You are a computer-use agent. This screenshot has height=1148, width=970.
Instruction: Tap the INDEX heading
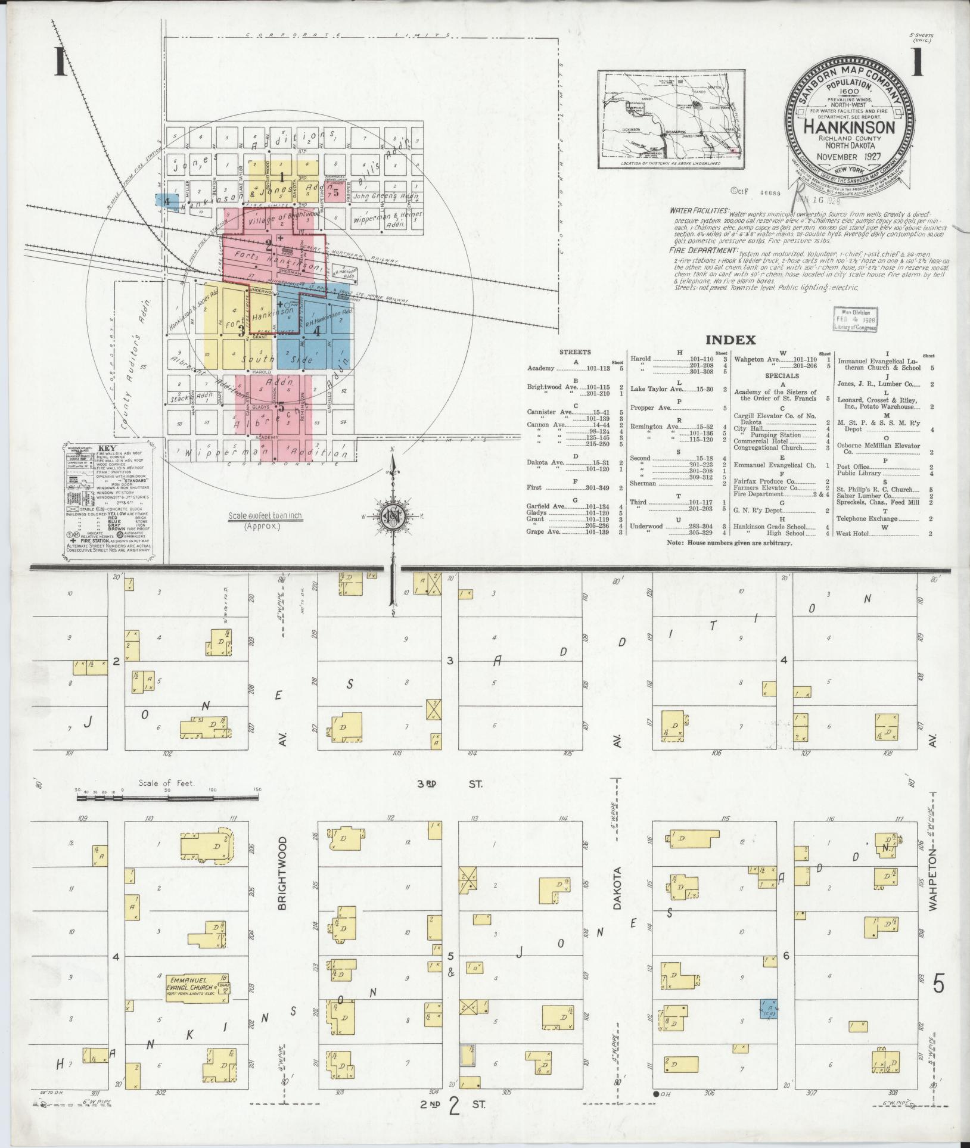click(x=730, y=340)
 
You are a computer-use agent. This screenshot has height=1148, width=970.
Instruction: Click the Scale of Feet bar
click(x=167, y=796)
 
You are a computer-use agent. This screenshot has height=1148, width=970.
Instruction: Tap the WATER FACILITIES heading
click(x=698, y=211)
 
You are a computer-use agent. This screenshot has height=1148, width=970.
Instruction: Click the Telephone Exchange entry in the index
click(x=868, y=519)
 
